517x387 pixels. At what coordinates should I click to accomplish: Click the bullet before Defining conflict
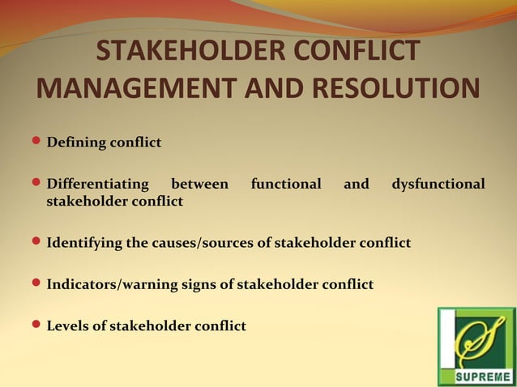pyautogui.click(x=36, y=142)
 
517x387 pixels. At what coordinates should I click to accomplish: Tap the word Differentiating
pyautogui.click(x=97, y=185)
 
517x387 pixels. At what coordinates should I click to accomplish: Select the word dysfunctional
pyautogui.click(x=438, y=185)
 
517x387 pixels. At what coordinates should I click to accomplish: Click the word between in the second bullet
pyautogui.click(x=199, y=185)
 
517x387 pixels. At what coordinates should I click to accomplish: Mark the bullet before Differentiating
pyautogui.click(x=36, y=184)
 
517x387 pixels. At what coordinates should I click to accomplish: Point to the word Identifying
pyautogui.click(x=84, y=243)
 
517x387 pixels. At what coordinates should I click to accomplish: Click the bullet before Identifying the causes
pyautogui.click(x=36, y=241)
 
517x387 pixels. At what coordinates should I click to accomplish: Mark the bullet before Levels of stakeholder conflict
pyautogui.click(x=36, y=325)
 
